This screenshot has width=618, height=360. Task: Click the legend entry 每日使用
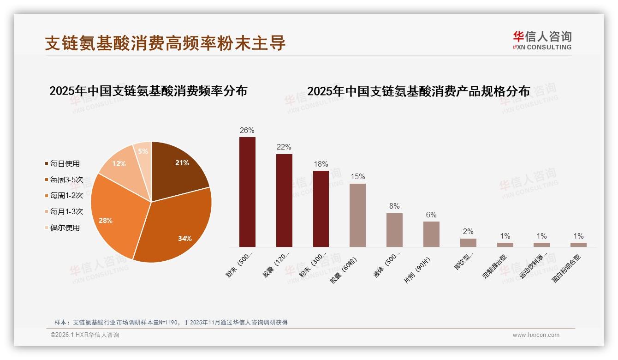click(x=65, y=163)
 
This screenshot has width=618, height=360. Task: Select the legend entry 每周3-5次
click(x=66, y=180)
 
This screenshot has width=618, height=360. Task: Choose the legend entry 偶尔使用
click(x=65, y=228)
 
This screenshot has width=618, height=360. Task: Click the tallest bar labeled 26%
click(x=247, y=192)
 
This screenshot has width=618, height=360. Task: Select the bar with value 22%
click(x=284, y=200)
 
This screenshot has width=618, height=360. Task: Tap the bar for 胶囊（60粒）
click(x=357, y=215)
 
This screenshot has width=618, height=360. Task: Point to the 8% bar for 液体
click(x=394, y=230)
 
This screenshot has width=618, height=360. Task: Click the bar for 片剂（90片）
click(x=431, y=234)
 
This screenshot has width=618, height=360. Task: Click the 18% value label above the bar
click(x=321, y=164)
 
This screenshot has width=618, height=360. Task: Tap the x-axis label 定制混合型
click(x=494, y=266)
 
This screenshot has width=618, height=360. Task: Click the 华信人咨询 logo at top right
click(x=542, y=40)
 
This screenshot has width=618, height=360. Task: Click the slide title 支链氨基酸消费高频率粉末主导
click(x=165, y=43)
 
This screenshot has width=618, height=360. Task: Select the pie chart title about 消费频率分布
click(x=148, y=91)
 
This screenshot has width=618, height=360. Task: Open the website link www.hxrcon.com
click(x=536, y=335)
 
